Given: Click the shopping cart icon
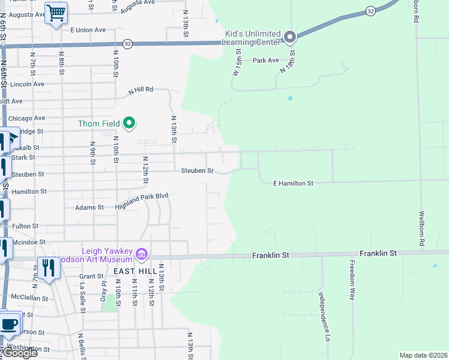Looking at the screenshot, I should coord(56,13).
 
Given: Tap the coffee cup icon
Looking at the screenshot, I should coord(8,324).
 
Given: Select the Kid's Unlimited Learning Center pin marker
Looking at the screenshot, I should coord(289,38).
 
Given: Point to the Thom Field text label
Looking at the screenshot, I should coord(98,124).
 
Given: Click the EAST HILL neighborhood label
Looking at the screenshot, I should coord(130,271).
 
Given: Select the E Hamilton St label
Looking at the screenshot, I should coord(294,182).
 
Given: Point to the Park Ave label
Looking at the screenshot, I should coord(265,60).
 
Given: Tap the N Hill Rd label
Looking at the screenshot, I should coord(141,91).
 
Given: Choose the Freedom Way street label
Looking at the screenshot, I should coord(352,280).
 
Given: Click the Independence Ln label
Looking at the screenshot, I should coord(325,316).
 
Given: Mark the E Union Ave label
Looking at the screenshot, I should coord(88,29).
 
